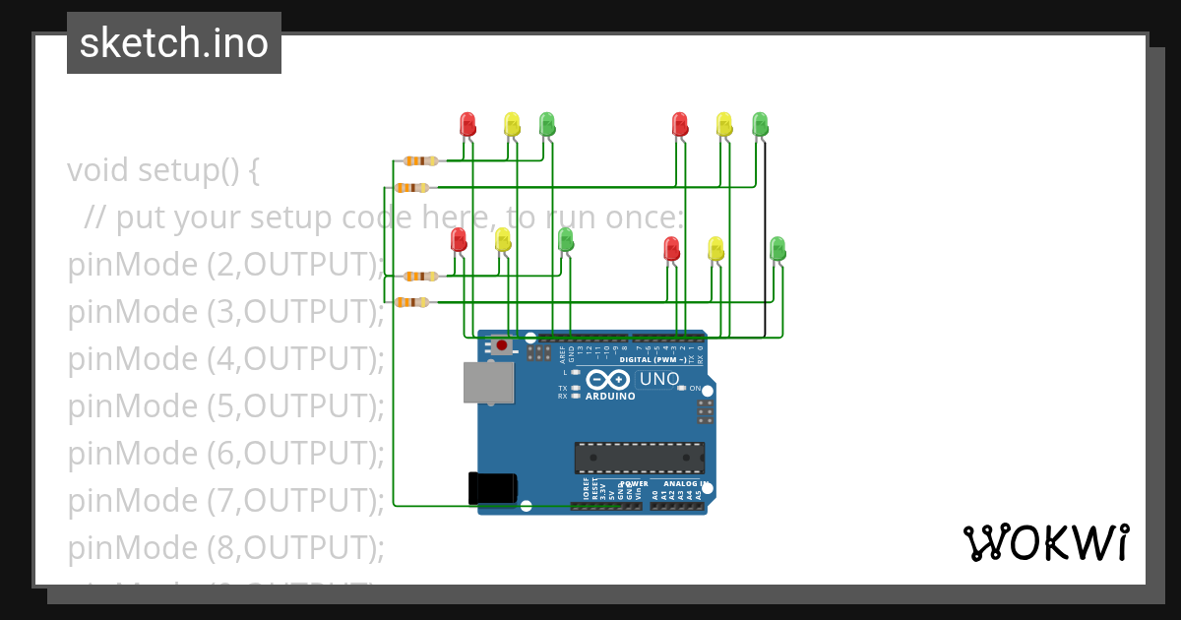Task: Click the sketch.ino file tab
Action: (x=174, y=43)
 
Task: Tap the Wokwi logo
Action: (x=1045, y=542)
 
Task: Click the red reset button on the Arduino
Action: (x=502, y=345)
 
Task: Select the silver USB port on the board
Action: (x=489, y=382)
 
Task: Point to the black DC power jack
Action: (x=492, y=488)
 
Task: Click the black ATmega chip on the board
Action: (x=640, y=458)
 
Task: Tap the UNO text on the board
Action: (x=659, y=379)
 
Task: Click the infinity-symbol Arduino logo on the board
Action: (x=607, y=380)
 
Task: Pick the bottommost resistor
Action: (x=411, y=302)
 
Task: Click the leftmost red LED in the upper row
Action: (x=467, y=124)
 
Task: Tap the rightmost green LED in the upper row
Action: (x=760, y=124)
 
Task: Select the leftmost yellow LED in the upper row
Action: (x=512, y=124)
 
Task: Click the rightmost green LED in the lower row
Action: (x=777, y=248)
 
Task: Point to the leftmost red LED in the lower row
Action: (x=459, y=240)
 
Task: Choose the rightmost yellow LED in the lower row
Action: (x=715, y=248)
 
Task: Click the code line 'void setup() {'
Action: (x=163, y=170)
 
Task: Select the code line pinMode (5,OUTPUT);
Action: (x=225, y=405)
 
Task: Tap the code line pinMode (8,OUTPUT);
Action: (x=225, y=547)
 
